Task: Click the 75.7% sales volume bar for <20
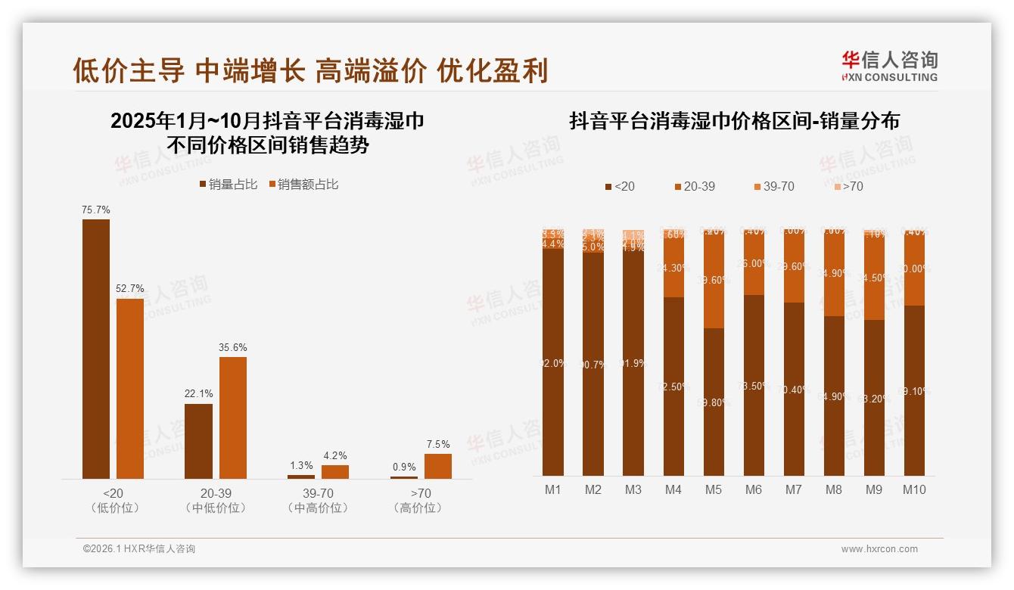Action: [96, 349]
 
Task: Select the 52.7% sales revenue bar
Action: [130, 388]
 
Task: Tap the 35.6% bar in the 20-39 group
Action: [233, 418]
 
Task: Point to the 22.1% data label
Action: [198, 394]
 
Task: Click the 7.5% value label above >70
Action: [437, 444]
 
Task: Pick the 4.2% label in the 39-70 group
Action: [334, 455]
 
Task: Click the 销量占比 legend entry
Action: [229, 185]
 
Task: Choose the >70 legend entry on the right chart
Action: [848, 186]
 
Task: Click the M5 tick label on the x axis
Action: [713, 489]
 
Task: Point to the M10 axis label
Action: [914, 489]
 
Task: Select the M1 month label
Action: [553, 489]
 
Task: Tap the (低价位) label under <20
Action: [114, 508]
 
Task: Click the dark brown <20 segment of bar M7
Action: [794, 389]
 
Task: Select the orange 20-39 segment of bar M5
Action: [714, 280]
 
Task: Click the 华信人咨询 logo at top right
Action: [889, 66]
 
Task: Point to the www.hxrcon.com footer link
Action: [879, 549]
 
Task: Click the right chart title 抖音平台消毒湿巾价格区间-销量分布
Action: [734, 121]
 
